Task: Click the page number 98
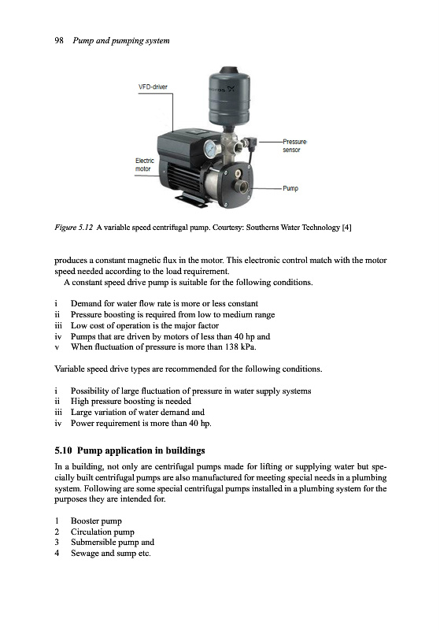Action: coord(59,41)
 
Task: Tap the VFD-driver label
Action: coord(153,87)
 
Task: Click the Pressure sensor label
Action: coord(294,146)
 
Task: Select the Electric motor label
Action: coord(145,165)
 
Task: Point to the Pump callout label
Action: coord(290,188)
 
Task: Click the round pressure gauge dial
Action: coord(210,150)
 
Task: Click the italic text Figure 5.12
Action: coord(74,228)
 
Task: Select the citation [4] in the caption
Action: coord(346,228)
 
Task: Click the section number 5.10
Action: coord(64,450)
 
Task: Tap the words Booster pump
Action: coord(96,521)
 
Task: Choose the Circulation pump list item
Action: coord(102,532)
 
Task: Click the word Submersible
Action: coord(91,542)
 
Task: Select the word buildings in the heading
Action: coord(186,450)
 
